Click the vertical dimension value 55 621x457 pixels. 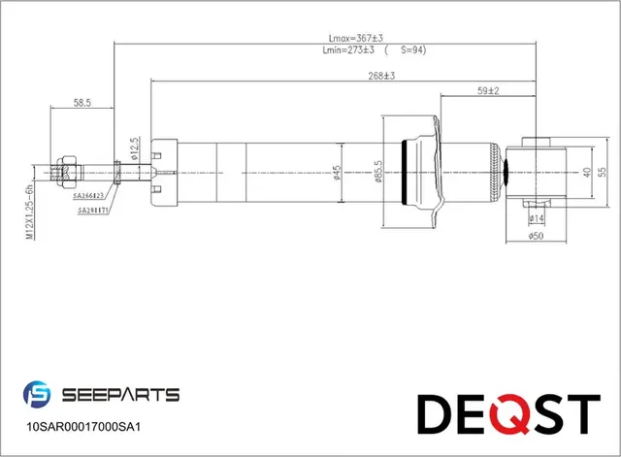pyautogui.click(x=602, y=171)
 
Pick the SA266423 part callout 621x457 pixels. pyautogui.click(x=89, y=196)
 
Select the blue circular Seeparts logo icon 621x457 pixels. pyautogui.click(x=37, y=395)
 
